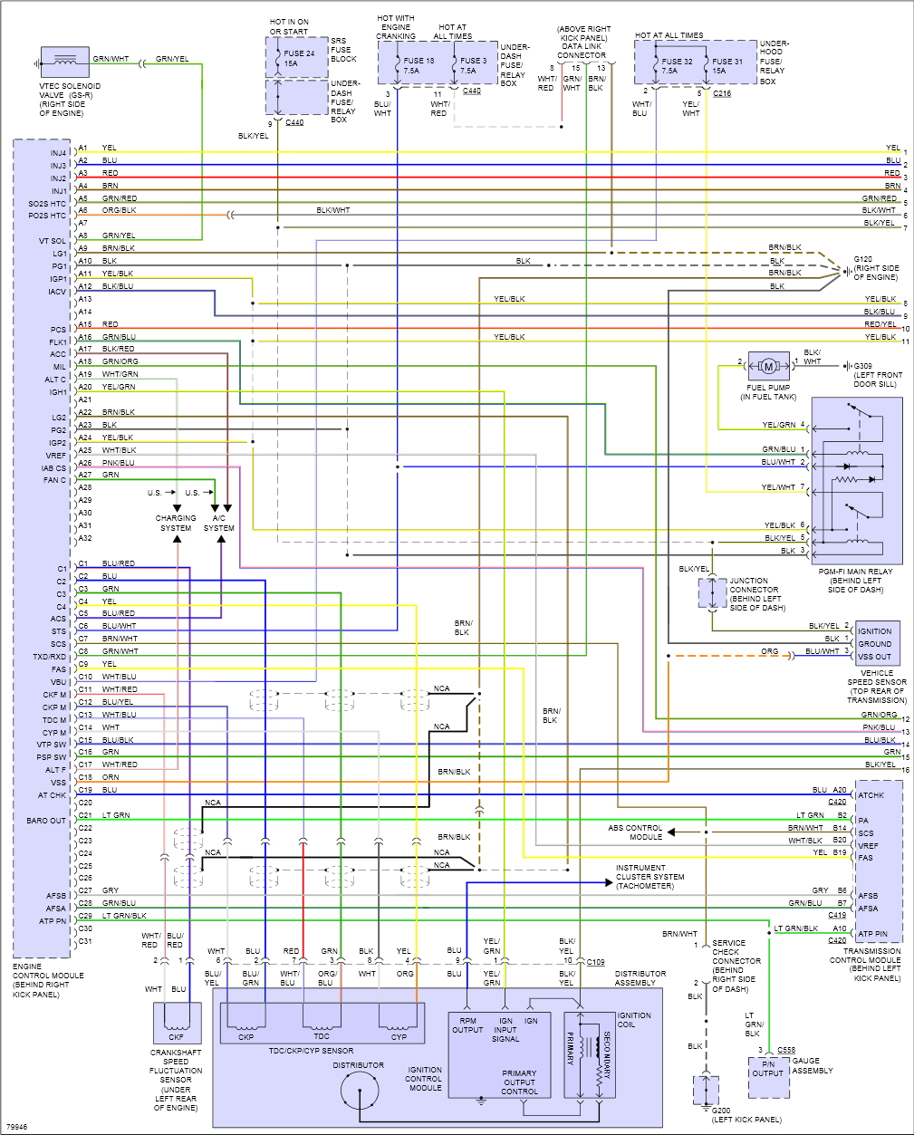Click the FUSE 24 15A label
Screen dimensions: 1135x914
pos(299,59)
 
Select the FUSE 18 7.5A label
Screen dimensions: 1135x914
pos(419,65)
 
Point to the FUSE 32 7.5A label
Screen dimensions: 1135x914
pos(677,66)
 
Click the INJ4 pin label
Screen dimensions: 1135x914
pos(58,153)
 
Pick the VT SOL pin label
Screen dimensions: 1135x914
pos(53,241)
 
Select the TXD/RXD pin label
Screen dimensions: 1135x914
pos(50,657)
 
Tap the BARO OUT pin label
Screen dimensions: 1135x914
pos(46,821)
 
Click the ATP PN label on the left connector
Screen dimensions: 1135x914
pos(53,921)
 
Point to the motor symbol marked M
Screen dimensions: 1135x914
pos(769,366)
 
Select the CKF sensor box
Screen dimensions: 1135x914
pos(177,1023)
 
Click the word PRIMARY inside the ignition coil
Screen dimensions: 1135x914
pos(571,1048)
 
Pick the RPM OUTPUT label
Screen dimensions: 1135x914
pos(467,1025)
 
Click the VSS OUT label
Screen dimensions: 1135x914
pos(874,657)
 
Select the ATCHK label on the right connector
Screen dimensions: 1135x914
pos(871,795)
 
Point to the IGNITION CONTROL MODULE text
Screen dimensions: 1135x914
pos(424,1079)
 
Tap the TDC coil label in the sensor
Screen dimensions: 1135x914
pos(322,1036)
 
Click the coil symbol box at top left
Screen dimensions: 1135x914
pos(65,63)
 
